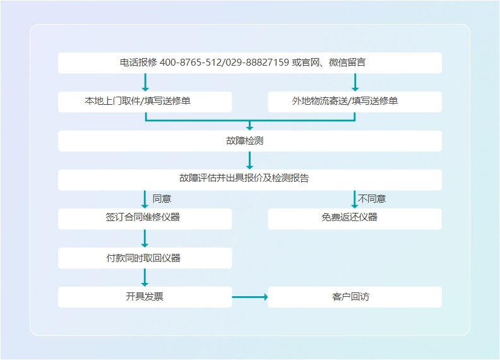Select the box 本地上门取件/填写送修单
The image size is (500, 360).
[x=145, y=102]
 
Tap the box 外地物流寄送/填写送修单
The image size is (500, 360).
[x=354, y=102]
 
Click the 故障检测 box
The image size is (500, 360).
[x=249, y=141]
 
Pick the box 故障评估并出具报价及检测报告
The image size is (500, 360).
[x=249, y=179]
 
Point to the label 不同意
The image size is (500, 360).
[x=372, y=199]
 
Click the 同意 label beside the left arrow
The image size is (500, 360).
[x=162, y=199]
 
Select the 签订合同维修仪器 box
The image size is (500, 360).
[x=145, y=219]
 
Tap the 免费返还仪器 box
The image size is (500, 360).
[x=354, y=219]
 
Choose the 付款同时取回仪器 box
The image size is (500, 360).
[x=145, y=258]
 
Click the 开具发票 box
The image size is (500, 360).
[x=145, y=297]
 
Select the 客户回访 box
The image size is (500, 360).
[x=354, y=297]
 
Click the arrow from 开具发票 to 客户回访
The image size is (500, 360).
[x=249, y=297]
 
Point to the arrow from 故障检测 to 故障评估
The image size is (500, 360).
[x=249, y=160]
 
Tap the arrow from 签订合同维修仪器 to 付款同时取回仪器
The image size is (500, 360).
[x=145, y=238]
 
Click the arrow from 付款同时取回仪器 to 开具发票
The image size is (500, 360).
[x=145, y=277]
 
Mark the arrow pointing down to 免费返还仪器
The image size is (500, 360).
[x=354, y=199]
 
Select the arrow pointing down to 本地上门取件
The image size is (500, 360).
[x=145, y=82]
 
